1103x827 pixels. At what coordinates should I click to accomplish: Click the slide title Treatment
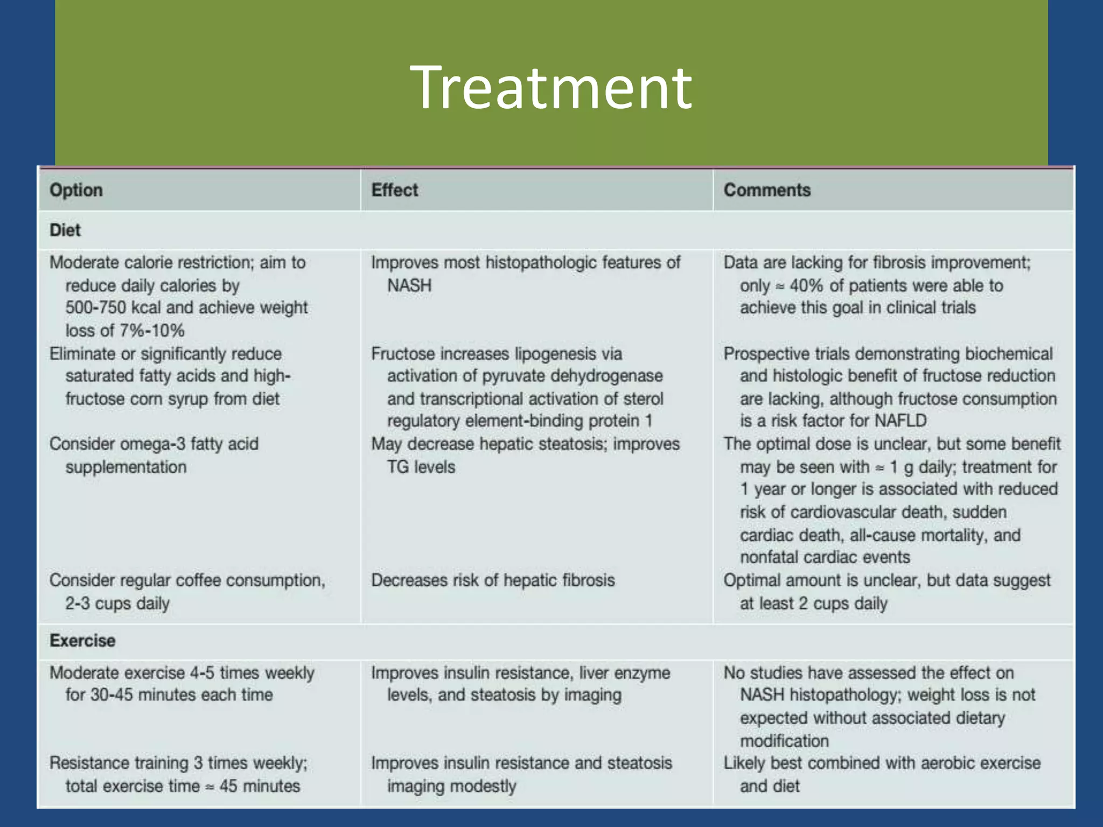point(550,88)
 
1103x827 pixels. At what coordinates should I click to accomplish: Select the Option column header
point(76,190)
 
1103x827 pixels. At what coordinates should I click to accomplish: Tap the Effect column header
point(394,190)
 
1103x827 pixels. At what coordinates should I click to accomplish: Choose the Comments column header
point(766,190)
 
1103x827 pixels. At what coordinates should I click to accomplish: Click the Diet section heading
point(65,230)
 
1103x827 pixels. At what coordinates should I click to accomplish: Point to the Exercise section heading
point(82,641)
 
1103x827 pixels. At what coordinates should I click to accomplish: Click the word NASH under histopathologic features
point(409,285)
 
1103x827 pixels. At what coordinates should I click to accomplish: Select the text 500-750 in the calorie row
point(95,308)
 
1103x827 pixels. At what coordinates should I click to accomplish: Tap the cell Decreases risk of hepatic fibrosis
point(493,580)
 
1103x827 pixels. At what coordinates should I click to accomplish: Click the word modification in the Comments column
point(784,741)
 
